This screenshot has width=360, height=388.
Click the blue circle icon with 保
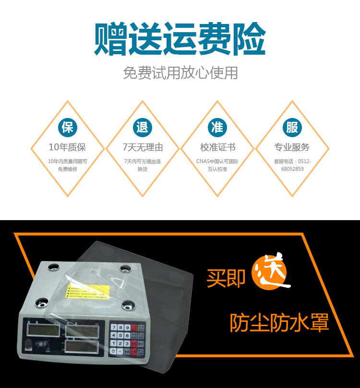(68, 127)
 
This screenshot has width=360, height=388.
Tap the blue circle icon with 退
(143, 127)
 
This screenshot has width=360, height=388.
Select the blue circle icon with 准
(217, 127)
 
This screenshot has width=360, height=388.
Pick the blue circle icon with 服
(292, 127)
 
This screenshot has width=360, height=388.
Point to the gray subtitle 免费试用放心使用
(180, 73)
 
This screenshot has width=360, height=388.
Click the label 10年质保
(68, 147)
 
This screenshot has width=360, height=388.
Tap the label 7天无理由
(143, 147)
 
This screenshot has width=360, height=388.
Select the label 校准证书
(217, 147)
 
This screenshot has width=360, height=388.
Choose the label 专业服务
(292, 147)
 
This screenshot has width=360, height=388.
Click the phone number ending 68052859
(292, 169)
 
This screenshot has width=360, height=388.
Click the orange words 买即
(226, 278)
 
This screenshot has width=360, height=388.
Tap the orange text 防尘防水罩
(279, 323)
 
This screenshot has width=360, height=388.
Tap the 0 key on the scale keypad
(113, 352)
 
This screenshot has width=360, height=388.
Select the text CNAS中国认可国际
(217, 161)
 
